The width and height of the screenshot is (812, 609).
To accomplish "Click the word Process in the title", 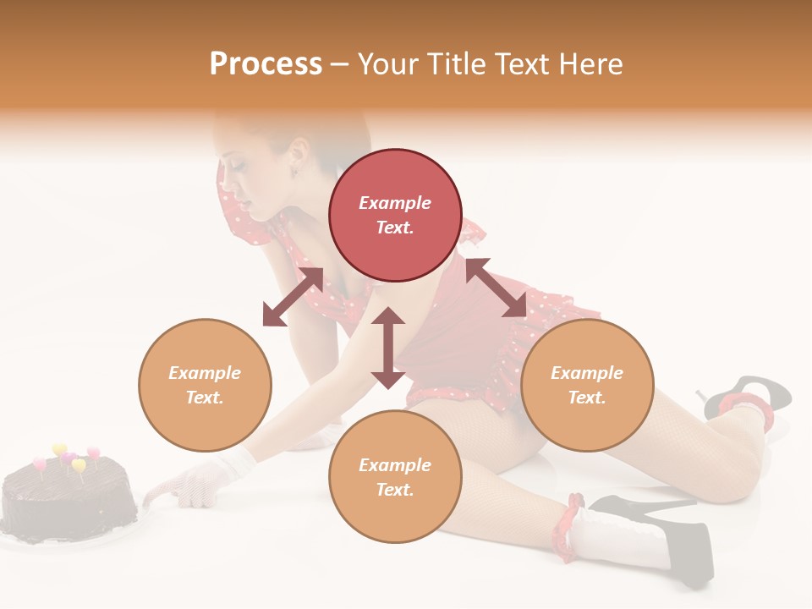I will (266, 64).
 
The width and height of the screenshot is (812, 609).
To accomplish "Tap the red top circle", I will (395, 215).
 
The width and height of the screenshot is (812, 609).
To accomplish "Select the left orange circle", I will (205, 385).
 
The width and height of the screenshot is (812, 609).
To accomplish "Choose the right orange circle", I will (587, 385).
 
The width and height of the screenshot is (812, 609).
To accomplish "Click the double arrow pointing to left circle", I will (293, 297).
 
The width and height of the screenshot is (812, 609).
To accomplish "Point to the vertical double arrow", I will (388, 348).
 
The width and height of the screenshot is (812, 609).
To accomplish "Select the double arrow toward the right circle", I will (496, 288).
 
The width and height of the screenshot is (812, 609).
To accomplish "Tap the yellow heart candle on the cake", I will (59, 449).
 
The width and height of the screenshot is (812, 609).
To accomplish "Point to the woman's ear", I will (298, 153).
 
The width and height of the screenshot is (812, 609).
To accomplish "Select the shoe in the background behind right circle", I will (749, 393).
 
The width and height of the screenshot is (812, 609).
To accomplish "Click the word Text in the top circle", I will (395, 228).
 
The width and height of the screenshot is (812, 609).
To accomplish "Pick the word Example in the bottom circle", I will (395, 464).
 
